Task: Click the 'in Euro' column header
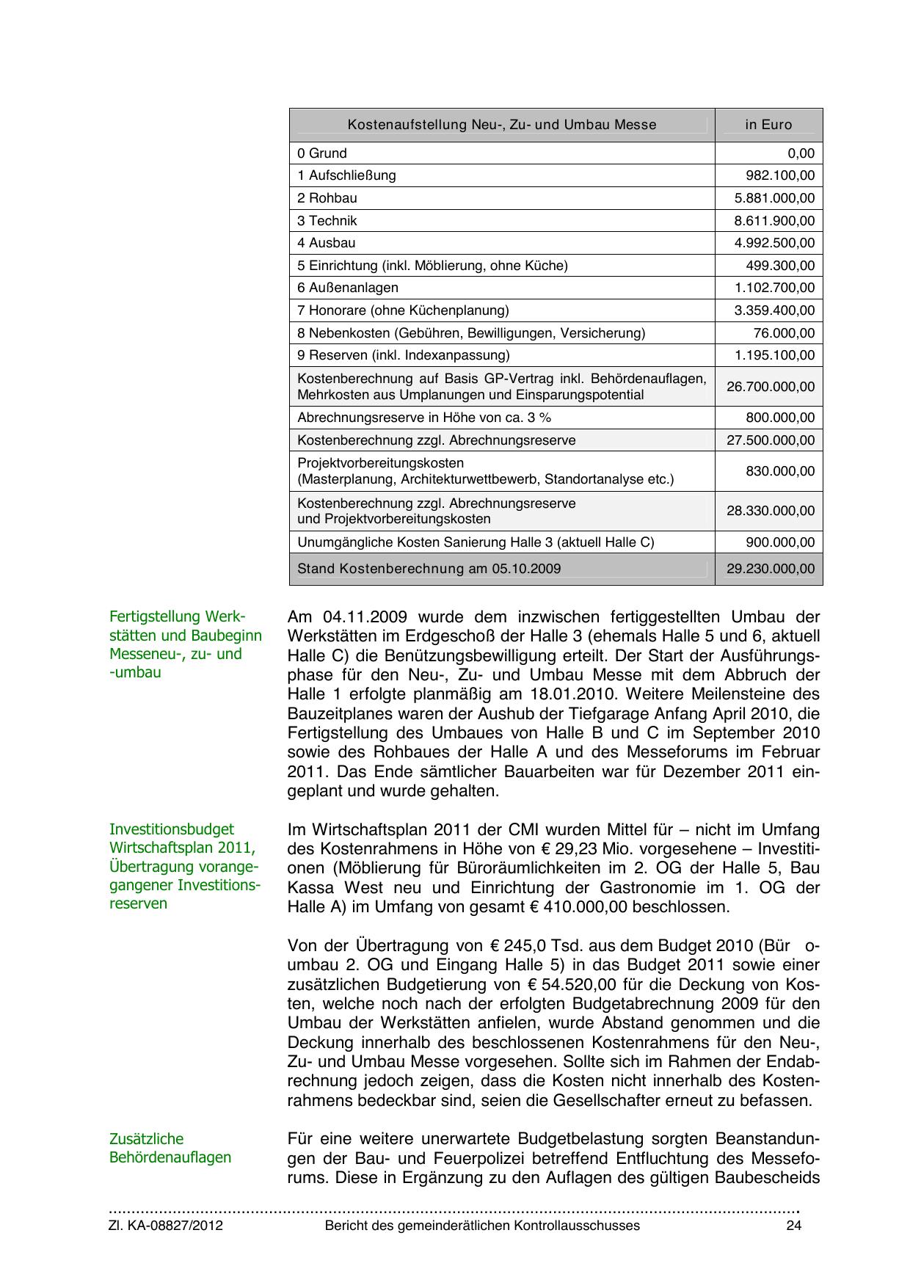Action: coord(768,125)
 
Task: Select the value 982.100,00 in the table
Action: coord(780,175)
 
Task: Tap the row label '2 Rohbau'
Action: coord(327,198)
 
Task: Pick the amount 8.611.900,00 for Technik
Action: coord(774,221)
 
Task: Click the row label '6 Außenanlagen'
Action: coord(348,288)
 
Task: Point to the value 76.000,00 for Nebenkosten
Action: coord(784,333)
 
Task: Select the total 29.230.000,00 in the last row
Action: coord(771,569)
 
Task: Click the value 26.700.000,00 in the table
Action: coord(771,387)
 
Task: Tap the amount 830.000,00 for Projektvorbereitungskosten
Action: coord(780,471)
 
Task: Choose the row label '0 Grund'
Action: coord(322,153)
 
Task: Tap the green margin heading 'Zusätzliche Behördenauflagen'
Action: coord(170,1149)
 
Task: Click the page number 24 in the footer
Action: coord(793,1226)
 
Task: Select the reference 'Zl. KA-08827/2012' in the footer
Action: coord(166,1226)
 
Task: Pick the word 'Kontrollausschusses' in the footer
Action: coord(576,1226)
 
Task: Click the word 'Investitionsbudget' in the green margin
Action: coord(172,829)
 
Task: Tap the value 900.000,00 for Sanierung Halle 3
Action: coord(780,542)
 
